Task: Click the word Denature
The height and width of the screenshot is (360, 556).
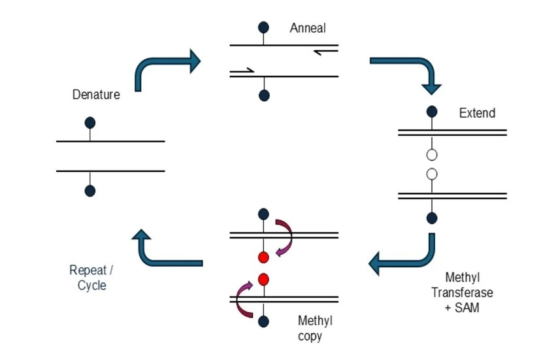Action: tap(96, 95)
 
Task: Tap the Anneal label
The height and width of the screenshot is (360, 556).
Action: tap(308, 28)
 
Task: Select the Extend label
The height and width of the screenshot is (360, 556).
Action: tap(477, 113)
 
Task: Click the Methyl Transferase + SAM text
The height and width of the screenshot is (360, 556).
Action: tap(462, 292)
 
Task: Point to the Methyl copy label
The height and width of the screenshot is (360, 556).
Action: tap(315, 328)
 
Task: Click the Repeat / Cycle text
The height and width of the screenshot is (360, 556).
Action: tap(91, 277)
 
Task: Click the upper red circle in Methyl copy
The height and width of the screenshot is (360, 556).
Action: tap(263, 257)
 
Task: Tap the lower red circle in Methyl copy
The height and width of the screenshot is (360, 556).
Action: tap(263, 280)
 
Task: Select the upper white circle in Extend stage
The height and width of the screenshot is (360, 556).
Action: tap(431, 155)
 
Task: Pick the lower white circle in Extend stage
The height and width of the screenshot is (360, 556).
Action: tap(431, 174)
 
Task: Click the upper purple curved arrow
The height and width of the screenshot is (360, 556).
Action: tap(285, 237)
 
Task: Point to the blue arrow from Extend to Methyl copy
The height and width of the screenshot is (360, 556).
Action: tap(404, 259)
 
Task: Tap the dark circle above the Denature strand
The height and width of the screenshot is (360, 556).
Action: tap(90, 123)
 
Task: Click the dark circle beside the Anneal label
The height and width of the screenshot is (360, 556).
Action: tap(263, 27)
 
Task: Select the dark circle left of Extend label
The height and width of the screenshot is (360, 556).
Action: tap(432, 112)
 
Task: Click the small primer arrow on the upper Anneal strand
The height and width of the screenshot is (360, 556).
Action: tap(325, 52)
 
